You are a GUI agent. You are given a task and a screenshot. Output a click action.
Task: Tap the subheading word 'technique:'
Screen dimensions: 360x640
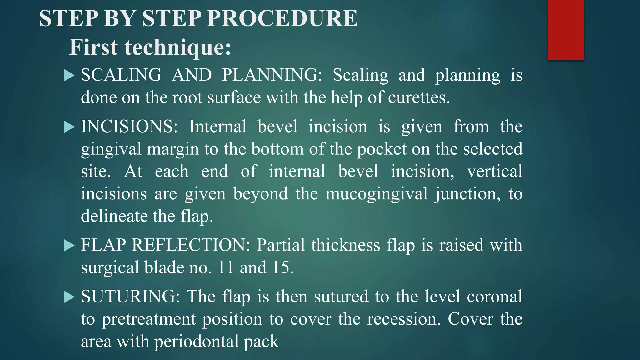tap(178, 47)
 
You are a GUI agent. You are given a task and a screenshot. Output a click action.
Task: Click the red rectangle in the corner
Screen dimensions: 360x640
tap(566, 30)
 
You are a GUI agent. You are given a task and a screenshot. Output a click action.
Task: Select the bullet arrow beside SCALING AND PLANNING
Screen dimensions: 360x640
tap(69, 75)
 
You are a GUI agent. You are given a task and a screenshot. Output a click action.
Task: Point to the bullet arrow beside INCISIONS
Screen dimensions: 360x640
tap(69, 127)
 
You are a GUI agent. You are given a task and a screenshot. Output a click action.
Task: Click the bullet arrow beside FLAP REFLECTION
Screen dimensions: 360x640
tap(69, 245)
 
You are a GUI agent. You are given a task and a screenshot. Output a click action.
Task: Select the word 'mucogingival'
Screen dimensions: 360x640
tap(377, 194)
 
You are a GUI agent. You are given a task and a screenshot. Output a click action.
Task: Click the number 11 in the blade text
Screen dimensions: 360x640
tap(226, 267)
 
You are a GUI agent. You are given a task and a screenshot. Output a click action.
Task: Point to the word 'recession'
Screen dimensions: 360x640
tap(403, 319)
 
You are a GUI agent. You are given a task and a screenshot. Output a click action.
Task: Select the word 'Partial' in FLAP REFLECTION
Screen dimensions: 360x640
tap(281, 245)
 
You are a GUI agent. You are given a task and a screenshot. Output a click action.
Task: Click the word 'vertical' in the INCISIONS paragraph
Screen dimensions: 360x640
tap(495, 171)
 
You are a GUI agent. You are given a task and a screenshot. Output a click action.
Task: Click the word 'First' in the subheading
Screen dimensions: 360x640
tap(93, 47)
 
